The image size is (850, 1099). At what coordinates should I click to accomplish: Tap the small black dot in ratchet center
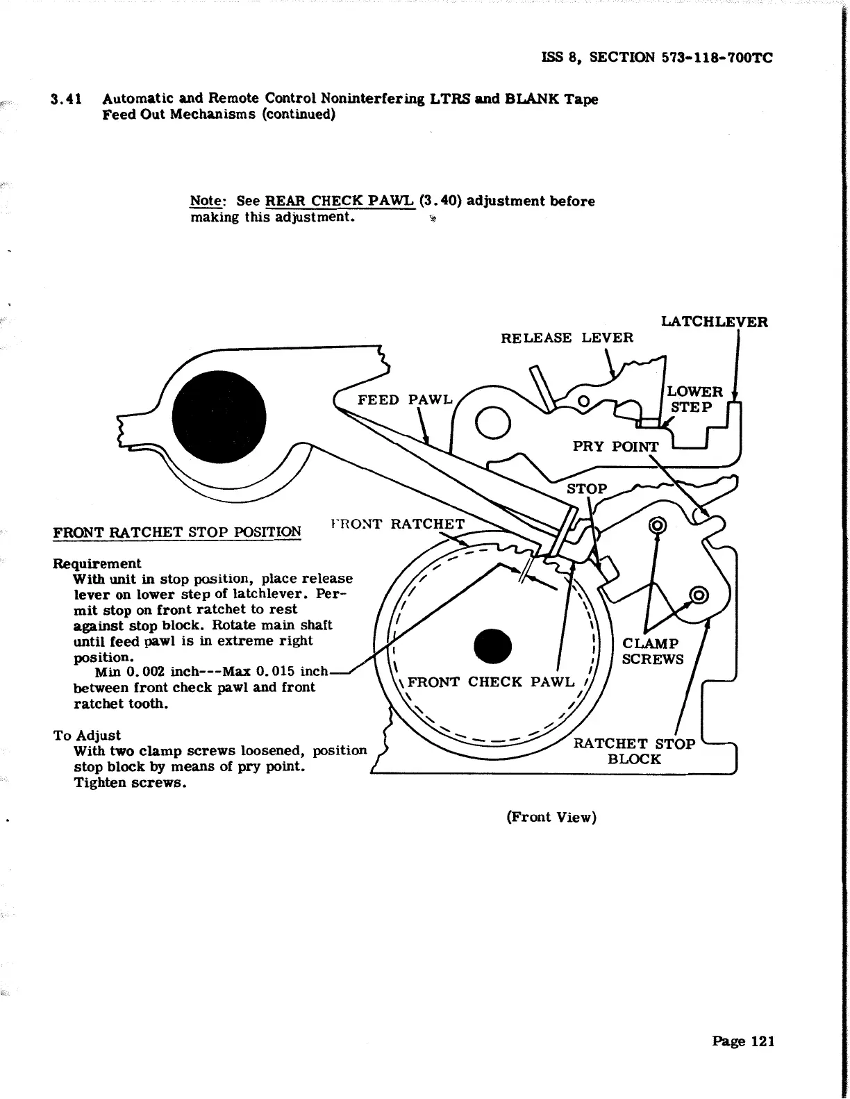(x=492, y=645)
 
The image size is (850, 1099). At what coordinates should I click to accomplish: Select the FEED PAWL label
(x=404, y=400)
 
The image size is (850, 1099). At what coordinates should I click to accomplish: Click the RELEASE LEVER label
(x=567, y=338)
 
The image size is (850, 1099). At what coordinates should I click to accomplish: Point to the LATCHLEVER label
(x=714, y=322)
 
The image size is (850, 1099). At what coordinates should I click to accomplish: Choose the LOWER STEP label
(x=694, y=399)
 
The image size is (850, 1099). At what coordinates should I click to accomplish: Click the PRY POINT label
(x=615, y=447)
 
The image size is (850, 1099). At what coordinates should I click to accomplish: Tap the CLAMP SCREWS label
(x=652, y=652)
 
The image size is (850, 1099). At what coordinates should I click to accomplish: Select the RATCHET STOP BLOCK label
(x=633, y=752)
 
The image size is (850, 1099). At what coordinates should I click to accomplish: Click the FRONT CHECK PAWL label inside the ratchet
(x=491, y=682)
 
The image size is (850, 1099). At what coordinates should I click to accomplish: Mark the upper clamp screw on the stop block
(x=656, y=525)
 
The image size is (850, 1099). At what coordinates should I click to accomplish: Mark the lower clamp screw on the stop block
(x=698, y=595)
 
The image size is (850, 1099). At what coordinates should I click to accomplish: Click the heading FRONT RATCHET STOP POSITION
(x=177, y=533)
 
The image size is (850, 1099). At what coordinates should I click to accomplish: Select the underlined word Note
(x=206, y=201)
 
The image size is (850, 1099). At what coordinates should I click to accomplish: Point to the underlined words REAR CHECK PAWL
(x=340, y=201)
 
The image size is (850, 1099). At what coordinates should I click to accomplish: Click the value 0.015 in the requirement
(x=276, y=672)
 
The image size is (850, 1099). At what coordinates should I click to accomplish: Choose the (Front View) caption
(x=551, y=817)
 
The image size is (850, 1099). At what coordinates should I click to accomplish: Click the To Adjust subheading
(x=87, y=735)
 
